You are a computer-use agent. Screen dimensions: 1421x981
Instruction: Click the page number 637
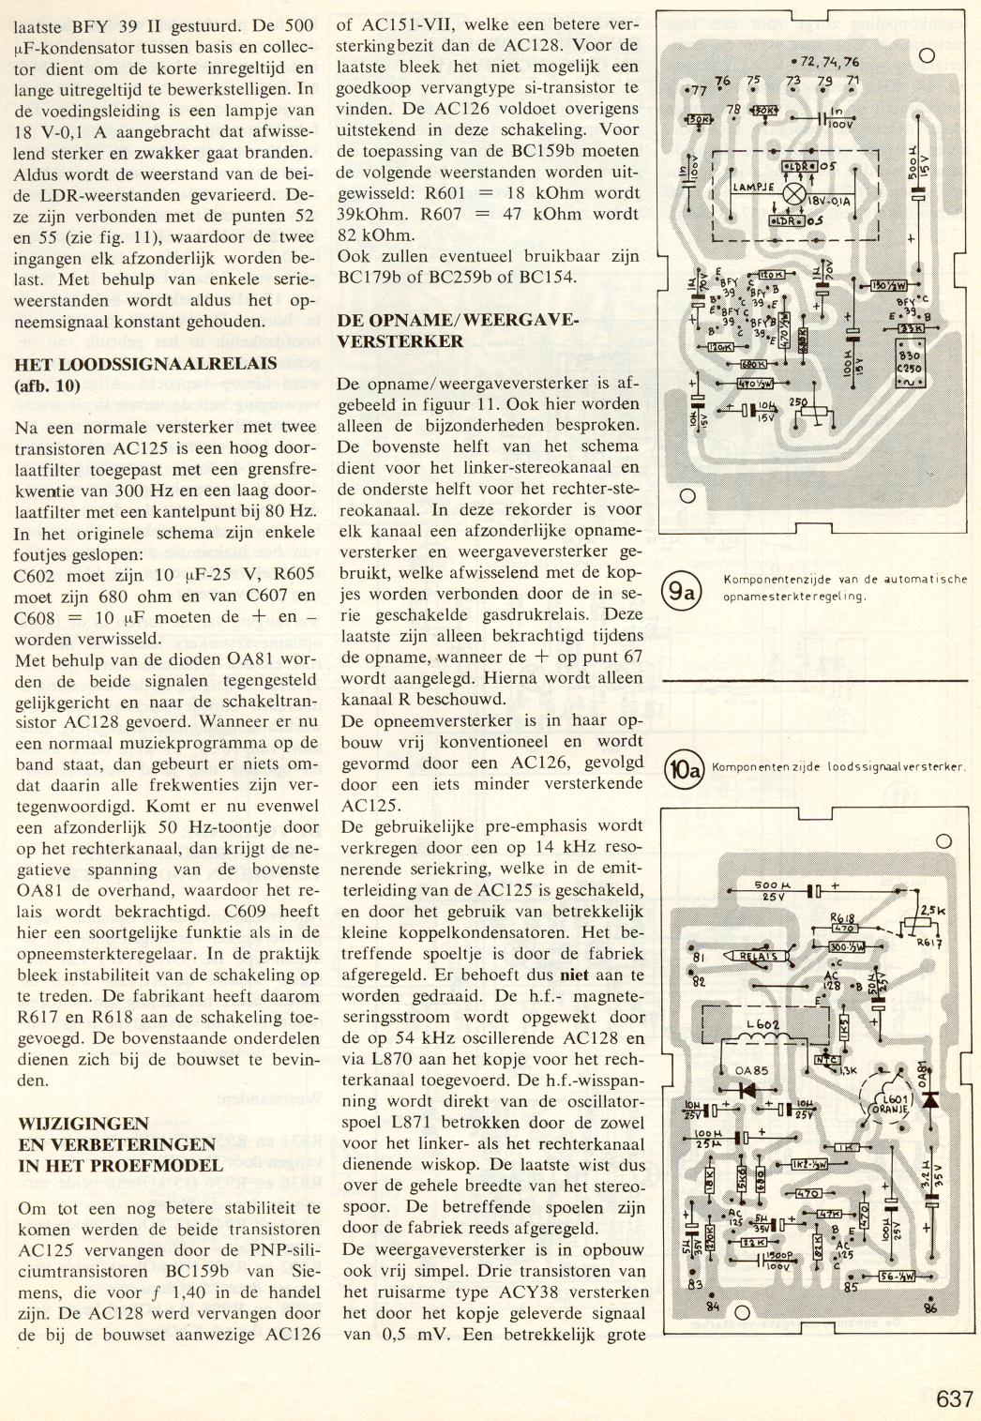tap(954, 1398)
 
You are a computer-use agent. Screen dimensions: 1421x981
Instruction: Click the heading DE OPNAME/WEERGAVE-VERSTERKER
tap(457, 330)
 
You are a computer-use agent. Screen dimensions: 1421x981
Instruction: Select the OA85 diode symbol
tap(749, 1091)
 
